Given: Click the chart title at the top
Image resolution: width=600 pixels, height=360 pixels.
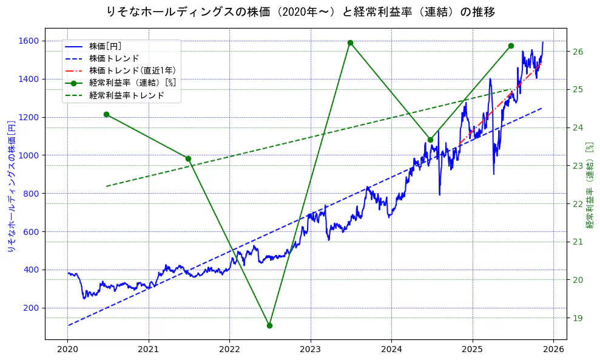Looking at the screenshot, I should point(300,12).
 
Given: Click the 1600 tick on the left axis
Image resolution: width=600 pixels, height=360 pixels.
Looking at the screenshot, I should point(29,41).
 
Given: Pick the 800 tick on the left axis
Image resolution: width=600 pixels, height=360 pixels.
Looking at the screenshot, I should point(32,194).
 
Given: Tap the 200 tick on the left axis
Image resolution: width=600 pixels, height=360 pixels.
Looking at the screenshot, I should point(32,308).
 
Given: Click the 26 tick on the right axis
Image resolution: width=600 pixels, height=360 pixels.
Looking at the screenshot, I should point(578,52).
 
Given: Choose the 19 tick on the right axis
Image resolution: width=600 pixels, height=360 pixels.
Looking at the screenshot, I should point(578,318).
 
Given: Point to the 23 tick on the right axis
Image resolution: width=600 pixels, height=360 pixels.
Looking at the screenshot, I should point(578,166).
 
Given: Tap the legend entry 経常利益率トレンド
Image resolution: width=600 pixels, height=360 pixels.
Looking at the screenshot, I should point(126,95).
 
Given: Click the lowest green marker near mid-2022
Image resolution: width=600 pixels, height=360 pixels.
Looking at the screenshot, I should point(269,325).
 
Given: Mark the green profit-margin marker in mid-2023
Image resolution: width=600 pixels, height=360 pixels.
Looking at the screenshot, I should point(350,42).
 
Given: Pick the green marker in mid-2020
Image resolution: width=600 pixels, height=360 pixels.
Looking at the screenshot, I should point(106,114).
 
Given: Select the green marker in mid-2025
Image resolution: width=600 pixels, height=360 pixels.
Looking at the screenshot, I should point(511,46).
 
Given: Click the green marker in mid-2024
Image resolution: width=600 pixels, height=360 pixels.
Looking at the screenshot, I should point(430,140).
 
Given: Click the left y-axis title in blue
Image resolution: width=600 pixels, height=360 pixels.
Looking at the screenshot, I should point(10,183).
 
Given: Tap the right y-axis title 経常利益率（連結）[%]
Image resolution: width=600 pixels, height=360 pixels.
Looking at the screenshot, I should point(589,185).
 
